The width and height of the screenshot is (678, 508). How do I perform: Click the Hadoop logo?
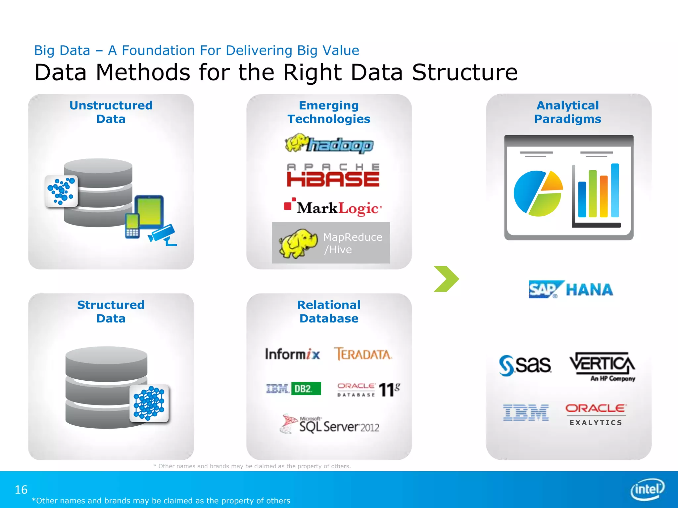(329, 144)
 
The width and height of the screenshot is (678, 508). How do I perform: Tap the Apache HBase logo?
(333, 175)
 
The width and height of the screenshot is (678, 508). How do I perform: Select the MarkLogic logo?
(333, 207)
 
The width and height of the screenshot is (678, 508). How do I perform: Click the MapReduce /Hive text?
(352, 243)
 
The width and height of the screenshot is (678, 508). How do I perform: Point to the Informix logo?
(292, 354)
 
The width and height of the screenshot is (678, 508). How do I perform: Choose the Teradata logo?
(363, 354)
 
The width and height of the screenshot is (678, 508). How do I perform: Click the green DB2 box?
(306, 389)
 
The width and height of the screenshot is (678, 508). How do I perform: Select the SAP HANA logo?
(571, 290)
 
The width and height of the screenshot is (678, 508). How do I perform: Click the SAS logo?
(525, 365)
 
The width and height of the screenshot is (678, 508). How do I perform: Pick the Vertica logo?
(602, 366)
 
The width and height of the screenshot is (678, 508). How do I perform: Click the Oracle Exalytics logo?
(596, 414)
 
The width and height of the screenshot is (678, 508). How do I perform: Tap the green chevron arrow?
(446, 279)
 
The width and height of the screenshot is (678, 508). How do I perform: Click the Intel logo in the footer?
(647, 489)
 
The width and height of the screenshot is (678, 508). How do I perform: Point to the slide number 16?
(21, 490)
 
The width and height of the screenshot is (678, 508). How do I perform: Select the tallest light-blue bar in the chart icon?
(615, 190)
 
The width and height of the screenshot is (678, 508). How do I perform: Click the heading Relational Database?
(329, 312)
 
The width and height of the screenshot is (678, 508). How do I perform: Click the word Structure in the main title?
(464, 72)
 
